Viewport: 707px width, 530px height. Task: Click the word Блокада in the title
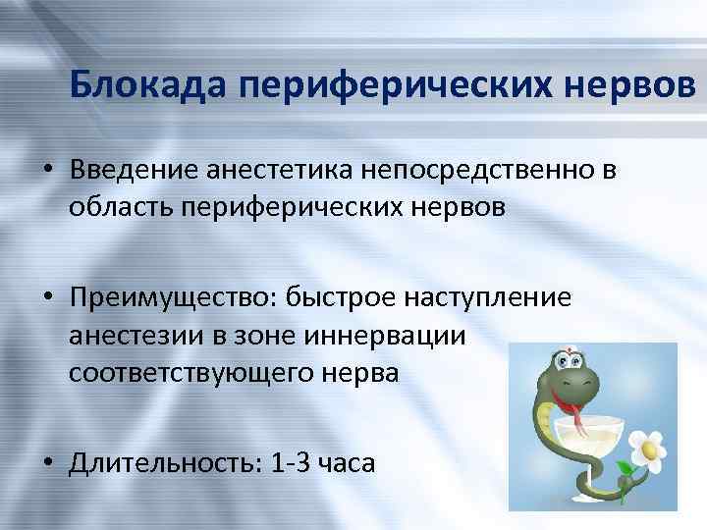click(148, 87)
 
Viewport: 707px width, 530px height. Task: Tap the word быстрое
click(330, 296)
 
